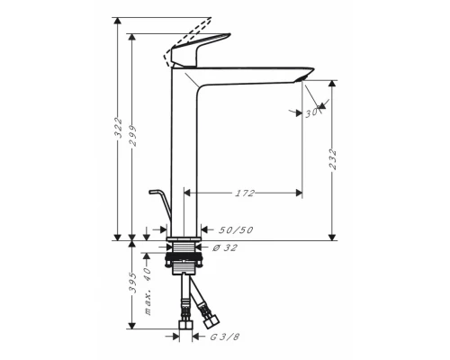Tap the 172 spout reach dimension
pyautogui.click(x=244, y=193)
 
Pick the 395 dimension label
pyautogui.click(x=132, y=285)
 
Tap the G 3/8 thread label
pyautogui.click(x=223, y=337)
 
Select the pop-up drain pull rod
pyautogui.click(x=160, y=205)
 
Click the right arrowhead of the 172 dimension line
pyautogui.click(x=298, y=193)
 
